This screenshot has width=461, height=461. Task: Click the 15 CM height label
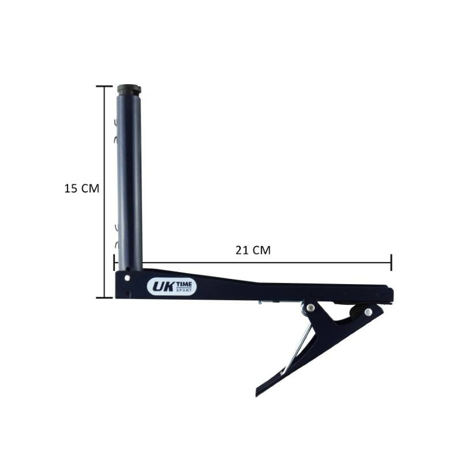click(x=82, y=188)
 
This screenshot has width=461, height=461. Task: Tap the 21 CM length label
click(x=253, y=250)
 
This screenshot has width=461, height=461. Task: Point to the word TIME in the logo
click(x=184, y=285)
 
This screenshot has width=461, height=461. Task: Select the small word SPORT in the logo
click(x=184, y=290)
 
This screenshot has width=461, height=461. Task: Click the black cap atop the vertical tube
click(x=129, y=89)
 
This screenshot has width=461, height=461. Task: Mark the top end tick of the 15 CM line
click(x=104, y=86)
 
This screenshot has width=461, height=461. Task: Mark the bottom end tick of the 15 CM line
click(x=104, y=297)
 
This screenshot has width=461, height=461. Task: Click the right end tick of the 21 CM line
click(x=391, y=263)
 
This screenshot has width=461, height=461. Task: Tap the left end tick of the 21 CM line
click(x=114, y=263)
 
